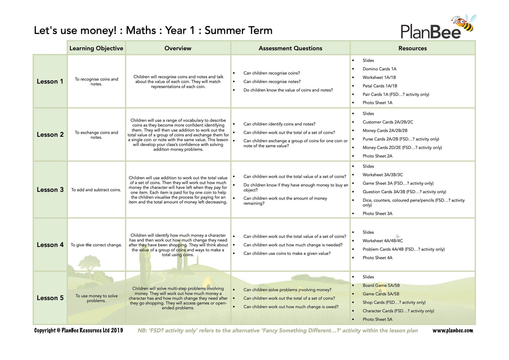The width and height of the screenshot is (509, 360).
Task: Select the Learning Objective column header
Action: click(96, 48)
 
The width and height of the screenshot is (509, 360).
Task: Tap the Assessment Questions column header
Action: click(290, 48)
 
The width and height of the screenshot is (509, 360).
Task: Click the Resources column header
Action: click(412, 48)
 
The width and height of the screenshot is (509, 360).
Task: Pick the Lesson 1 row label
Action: click(50, 81)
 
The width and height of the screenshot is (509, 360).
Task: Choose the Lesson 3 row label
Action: click(50, 190)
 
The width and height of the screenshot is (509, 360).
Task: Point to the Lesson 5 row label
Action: click(50, 298)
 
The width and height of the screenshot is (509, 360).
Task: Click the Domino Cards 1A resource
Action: click(379, 69)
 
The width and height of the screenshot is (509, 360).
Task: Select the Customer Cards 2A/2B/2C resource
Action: click(388, 122)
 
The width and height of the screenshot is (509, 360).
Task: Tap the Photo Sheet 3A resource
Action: click(377, 213)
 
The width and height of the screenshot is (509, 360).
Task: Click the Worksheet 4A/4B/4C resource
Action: click(382, 241)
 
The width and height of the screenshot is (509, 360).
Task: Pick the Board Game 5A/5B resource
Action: click(381, 285)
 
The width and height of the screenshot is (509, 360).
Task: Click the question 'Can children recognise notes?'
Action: click(272, 81)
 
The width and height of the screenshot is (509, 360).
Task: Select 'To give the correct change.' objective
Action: click(96, 245)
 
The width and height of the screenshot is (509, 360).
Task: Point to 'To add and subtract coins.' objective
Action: click(96, 190)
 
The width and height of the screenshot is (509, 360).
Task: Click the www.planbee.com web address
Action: click(452, 330)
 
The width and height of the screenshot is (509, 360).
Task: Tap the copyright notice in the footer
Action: click(78, 330)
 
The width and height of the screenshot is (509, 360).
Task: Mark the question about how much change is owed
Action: click(291, 307)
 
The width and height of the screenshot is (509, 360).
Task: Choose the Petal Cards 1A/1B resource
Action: click(379, 86)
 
